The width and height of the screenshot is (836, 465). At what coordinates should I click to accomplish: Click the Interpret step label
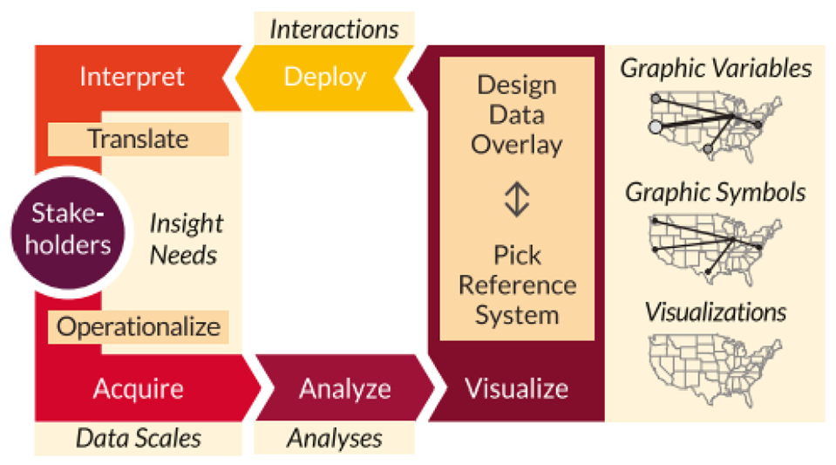[x=132, y=77]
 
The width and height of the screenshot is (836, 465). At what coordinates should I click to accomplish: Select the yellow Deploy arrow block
[x=324, y=78]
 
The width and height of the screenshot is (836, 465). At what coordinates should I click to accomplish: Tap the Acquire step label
[x=138, y=388]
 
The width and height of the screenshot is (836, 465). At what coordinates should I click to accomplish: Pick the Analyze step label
[x=345, y=388]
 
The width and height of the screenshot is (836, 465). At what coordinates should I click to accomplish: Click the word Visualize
[x=517, y=388]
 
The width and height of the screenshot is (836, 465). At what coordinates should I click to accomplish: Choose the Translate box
[x=138, y=140]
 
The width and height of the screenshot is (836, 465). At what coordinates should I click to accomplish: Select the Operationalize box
[x=138, y=327]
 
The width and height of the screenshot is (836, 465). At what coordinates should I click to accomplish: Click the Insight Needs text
[x=186, y=239]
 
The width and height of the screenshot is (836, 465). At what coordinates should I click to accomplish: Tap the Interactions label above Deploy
[x=334, y=30]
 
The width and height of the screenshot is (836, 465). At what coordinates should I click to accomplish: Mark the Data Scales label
[x=139, y=438]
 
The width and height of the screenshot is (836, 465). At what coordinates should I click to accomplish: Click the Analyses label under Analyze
[x=334, y=438]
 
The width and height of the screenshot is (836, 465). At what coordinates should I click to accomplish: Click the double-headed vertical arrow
[x=517, y=199]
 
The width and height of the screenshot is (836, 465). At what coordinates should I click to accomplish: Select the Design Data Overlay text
[x=517, y=115]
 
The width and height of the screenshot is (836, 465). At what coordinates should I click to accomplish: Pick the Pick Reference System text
[x=517, y=285]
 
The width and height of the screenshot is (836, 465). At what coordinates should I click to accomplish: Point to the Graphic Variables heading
[x=716, y=68]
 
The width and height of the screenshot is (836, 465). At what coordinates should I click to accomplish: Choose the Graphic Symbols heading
[x=716, y=192]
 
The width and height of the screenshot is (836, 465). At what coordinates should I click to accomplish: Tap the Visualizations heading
[x=716, y=311]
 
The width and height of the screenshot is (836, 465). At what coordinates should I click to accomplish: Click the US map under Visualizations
[x=715, y=369]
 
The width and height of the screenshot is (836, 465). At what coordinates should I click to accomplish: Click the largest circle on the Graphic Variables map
[x=656, y=127]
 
